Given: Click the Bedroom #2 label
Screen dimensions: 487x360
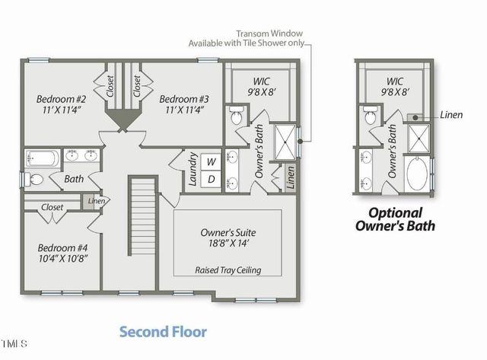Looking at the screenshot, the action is [x=61, y=99].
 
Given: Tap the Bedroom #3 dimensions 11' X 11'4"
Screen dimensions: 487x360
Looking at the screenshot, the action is [x=184, y=110].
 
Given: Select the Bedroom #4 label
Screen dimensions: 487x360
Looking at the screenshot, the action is [x=62, y=248].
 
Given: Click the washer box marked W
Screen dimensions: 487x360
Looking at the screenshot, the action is [x=212, y=162].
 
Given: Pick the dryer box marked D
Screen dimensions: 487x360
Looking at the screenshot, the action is [x=212, y=179].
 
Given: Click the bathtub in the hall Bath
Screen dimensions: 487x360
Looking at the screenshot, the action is [x=43, y=159].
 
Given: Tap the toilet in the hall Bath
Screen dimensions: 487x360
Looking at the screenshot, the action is [x=33, y=180].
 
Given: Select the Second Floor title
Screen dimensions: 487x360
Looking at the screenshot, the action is [x=163, y=332].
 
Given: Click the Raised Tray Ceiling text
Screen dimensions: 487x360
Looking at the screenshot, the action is [x=228, y=270].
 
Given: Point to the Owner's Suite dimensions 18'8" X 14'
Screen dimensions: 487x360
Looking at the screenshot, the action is [x=228, y=243].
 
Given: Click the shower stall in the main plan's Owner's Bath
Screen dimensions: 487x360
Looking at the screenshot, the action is [x=285, y=142].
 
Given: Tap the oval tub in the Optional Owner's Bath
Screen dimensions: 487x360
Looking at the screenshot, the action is [x=417, y=174].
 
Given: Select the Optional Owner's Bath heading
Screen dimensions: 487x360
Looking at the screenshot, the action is [x=395, y=220].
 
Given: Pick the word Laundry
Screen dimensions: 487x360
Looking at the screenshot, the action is [x=193, y=169].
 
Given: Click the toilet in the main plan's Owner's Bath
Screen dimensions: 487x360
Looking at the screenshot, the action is [x=237, y=115].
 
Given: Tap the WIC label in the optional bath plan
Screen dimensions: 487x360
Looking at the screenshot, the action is [x=394, y=81].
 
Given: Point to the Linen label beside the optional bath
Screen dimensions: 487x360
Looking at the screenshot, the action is [x=451, y=115].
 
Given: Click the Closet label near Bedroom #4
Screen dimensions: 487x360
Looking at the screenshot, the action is [x=53, y=207].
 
